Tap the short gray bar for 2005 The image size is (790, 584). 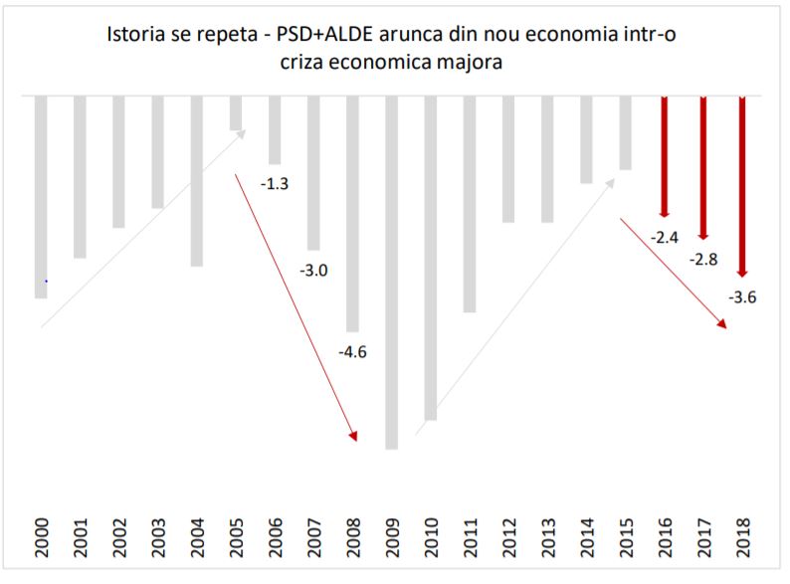pyautogui.click(x=236, y=112)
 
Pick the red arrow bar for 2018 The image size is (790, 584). pyautogui.click(x=741, y=185)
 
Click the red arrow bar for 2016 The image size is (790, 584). pyautogui.click(x=664, y=155)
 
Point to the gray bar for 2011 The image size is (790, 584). pyautogui.click(x=469, y=204)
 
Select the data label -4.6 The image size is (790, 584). pyautogui.click(x=353, y=351)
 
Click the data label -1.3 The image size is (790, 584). pyautogui.click(x=275, y=183)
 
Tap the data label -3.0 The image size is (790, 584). pyautogui.click(x=313, y=269)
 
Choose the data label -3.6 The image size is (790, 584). pyautogui.click(x=742, y=295)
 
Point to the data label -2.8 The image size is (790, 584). pyautogui.click(x=703, y=259)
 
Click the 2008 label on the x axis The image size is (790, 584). pyautogui.click(x=353, y=538)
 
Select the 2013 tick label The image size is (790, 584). pyautogui.click(x=547, y=538)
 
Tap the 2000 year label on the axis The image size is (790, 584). pyautogui.click(x=41, y=538)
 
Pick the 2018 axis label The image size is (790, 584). pyautogui.click(x=742, y=538)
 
